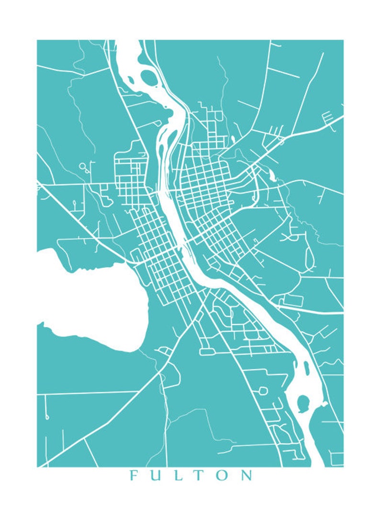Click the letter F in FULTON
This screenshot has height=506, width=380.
coord(134,475)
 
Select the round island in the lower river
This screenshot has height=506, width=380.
coord(303,403)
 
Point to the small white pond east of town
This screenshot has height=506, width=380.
coord(272,176)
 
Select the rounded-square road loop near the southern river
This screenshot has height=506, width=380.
coord(262,391)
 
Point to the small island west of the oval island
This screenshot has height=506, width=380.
coord(129,77)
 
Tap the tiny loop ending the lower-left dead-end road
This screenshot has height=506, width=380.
coord(47,417)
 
